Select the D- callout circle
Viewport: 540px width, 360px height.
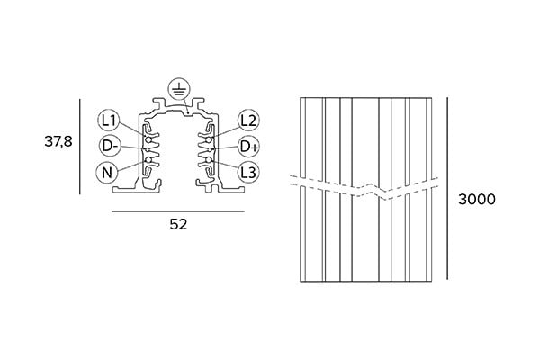[x=109, y=147]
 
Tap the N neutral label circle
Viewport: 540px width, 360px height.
[x=109, y=173]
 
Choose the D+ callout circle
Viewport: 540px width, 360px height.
[x=249, y=147]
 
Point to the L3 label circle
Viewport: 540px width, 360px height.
[x=249, y=172]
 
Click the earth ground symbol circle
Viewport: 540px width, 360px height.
[x=178, y=89]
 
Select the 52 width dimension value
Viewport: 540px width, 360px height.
[x=178, y=224]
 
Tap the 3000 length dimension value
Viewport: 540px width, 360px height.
[x=477, y=201]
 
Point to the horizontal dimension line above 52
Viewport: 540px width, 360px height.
[x=178, y=211]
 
